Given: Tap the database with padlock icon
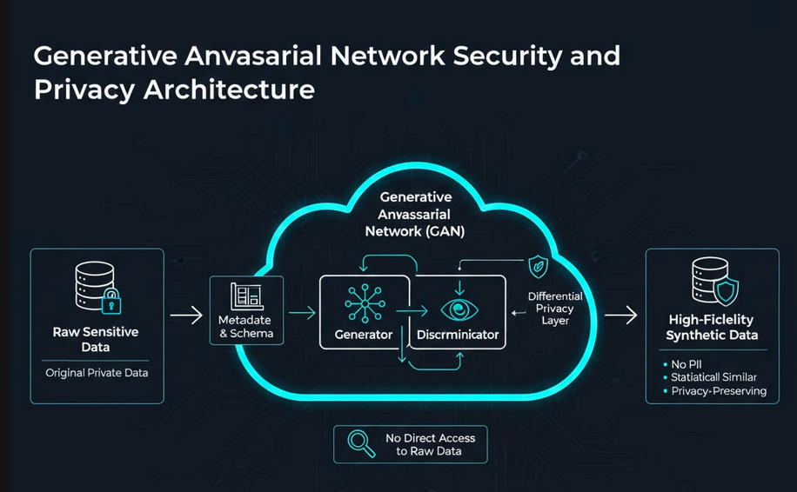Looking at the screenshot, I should point(97,288).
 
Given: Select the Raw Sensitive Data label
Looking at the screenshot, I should point(96,339).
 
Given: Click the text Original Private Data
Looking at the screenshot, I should point(96,373).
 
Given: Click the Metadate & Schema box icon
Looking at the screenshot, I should point(246,297).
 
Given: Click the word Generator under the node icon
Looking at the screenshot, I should point(364,334).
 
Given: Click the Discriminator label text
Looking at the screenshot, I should point(458,334).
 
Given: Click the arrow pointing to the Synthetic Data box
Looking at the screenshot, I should point(620,316).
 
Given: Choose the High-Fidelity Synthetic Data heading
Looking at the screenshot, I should point(712,327).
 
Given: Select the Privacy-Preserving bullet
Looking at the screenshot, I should point(718,391).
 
